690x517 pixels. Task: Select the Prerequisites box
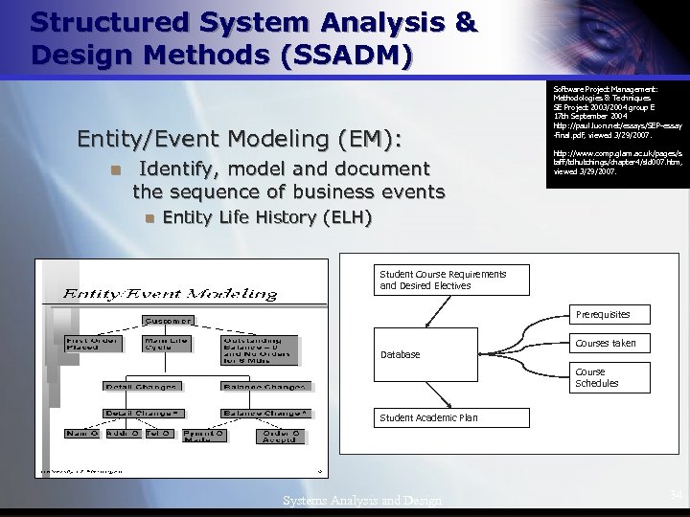point(603,314)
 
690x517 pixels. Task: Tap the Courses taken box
point(606,343)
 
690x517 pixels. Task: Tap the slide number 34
point(676,494)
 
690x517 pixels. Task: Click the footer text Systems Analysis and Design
point(362,501)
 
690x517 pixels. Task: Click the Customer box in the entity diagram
point(168,320)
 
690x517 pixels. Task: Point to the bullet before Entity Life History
point(149,217)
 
